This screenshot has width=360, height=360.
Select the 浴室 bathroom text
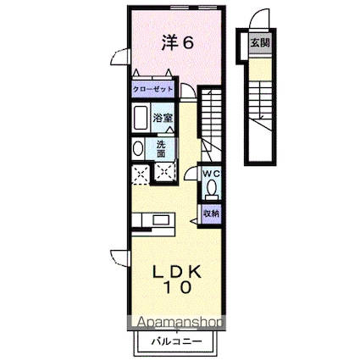163,119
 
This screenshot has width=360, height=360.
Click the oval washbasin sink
139,148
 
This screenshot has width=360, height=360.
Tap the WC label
211,174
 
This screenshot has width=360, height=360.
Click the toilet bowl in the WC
212,188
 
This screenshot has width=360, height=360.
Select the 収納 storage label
211,214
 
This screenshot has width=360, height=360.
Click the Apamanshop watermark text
175,323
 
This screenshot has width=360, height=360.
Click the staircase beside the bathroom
213,119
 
